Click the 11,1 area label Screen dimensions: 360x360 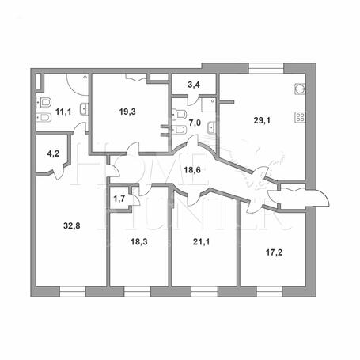click(x=63, y=112)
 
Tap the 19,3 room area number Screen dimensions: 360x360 click(x=127, y=112)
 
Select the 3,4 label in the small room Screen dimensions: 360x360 click(x=194, y=85)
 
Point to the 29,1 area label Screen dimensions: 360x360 click(x=262, y=121)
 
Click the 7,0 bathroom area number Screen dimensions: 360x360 click(x=195, y=123)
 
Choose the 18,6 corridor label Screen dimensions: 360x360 click(x=192, y=170)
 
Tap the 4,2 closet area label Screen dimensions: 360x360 click(x=53, y=153)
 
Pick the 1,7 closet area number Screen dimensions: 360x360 click(x=119, y=199)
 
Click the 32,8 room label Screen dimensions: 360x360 click(x=72, y=225)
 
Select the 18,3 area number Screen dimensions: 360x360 click(x=139, y=241)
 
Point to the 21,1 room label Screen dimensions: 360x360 click(x=202, y=241)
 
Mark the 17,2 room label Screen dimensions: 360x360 click(x=274, y=252)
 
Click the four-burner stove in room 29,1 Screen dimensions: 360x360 click(x=300, y=117)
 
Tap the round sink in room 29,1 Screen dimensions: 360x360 click(x=300, y=89)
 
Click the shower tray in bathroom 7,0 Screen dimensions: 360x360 click(x=209, y=105)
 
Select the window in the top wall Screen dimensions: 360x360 click(x=267, y=68)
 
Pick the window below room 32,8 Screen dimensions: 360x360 click(x=73, y=292)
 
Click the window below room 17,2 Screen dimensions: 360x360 click(x=270, y=292)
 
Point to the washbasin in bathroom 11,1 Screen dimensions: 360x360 click(x=85, y=109)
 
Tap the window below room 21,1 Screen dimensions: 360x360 click(x=204, y=292)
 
